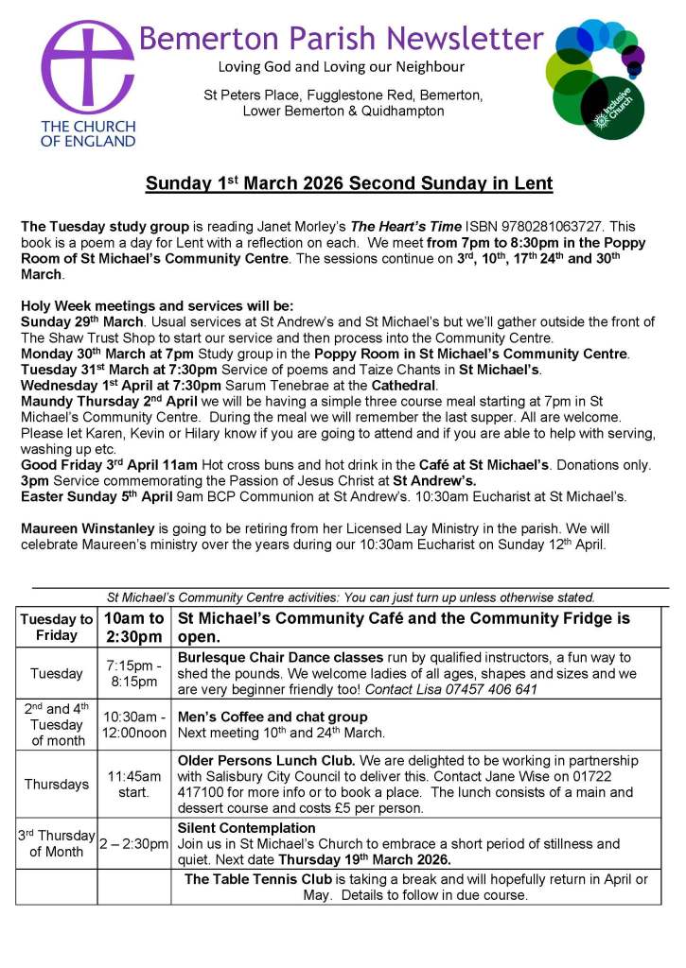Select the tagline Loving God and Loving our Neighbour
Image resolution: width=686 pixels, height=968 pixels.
[x=341, y=67]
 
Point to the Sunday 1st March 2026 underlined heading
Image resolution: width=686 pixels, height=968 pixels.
[x=348, y=183]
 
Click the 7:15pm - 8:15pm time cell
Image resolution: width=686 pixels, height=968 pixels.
[x=133, y=673]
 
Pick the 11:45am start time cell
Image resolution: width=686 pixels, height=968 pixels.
[x=133, y=784]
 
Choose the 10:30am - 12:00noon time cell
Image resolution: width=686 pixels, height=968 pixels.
[x=133, y=725]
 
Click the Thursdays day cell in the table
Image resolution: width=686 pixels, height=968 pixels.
[x=57, y=784]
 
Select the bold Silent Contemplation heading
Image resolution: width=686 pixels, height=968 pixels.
[x=247, y=828]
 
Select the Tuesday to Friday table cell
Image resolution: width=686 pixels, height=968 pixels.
[x=57, y=627]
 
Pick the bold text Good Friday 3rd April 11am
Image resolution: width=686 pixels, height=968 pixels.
[x=109, y=464]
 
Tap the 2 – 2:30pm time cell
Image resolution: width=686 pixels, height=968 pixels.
[x=133, y=843]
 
